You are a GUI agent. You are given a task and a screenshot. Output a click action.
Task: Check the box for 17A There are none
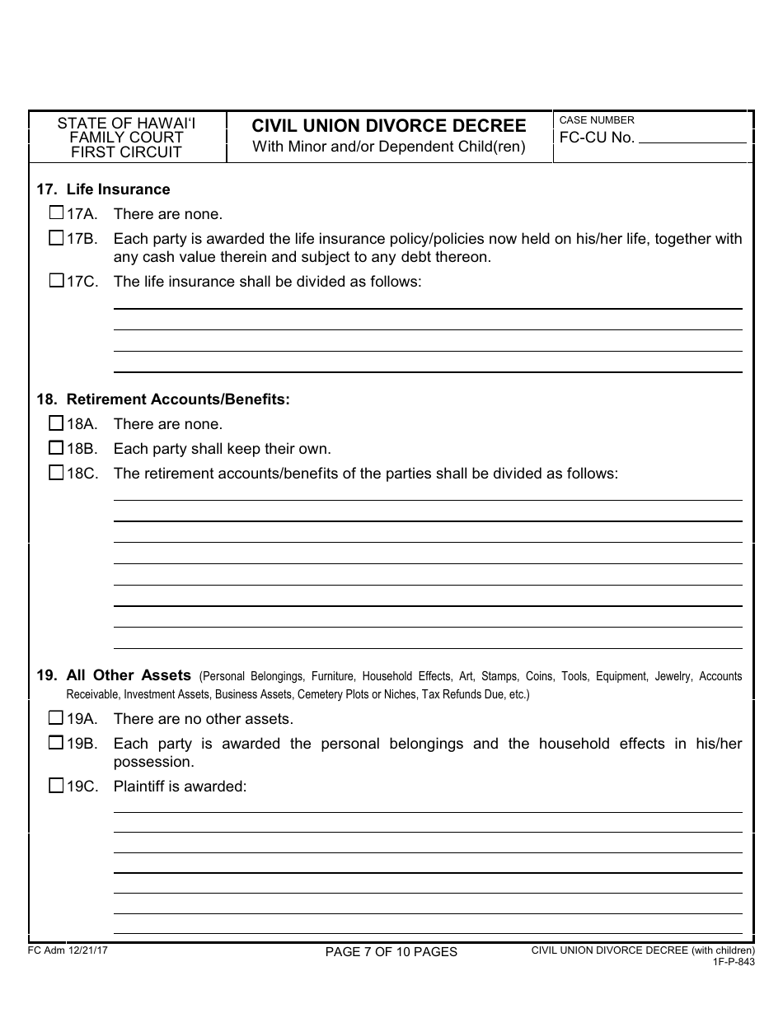(56, 213)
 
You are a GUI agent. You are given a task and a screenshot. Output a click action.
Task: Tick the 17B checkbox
(56, 239)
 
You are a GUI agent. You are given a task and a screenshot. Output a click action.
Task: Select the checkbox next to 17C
(56, 281)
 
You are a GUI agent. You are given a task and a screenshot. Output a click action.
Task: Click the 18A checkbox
(56, 423)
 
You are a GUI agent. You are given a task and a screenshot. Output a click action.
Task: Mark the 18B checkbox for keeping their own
(56, 448)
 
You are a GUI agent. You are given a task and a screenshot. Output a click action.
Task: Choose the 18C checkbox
(56, 473)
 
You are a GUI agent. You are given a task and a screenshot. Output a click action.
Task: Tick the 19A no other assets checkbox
(56, 718)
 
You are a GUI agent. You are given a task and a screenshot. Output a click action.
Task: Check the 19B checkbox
(56, 743)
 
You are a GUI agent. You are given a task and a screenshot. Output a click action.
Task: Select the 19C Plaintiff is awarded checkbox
(56, 786)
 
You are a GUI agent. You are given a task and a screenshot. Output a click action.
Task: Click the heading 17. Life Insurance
(103, 189)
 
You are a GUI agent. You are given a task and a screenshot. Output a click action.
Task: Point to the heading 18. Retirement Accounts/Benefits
(163, 399)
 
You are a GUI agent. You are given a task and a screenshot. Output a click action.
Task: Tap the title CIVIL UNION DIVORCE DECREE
(389, 126)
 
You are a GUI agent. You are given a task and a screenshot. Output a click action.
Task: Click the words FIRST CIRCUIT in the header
(126, 152)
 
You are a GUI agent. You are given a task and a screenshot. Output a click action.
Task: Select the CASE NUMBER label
(597, 120)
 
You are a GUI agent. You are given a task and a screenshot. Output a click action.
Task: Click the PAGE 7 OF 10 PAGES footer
(391, 952)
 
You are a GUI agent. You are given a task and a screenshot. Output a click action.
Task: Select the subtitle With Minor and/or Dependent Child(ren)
(389, 147)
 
